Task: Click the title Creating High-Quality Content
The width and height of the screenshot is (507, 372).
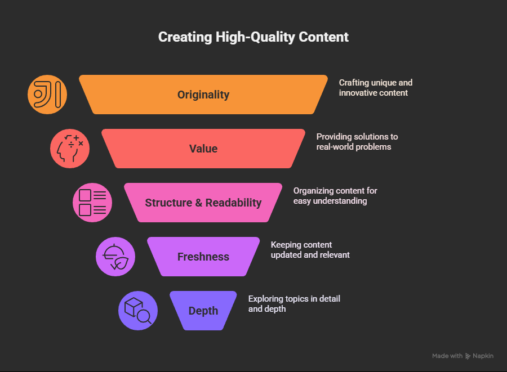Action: (253, 37)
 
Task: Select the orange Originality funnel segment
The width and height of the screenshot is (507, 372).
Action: (203, 95)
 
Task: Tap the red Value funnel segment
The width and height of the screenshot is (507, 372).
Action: (203, 149)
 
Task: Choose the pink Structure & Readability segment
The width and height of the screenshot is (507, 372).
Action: (203, 203)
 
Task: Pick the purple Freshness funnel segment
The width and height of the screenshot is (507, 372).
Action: (203, 257)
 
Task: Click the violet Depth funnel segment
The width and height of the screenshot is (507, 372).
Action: (203, 311)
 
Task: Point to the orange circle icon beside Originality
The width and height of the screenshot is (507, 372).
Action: (47, 95)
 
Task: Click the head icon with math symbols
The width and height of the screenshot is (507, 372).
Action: (70, 149)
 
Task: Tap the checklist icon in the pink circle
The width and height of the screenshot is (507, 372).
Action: (92, 203)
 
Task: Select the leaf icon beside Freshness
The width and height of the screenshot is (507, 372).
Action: (115, 257)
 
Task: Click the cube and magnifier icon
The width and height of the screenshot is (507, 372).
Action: (138, 311)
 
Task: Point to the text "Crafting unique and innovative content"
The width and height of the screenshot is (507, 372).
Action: (375, 88)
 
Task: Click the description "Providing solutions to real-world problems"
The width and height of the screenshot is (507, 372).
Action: (357, 142)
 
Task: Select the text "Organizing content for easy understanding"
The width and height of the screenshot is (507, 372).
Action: (335, 196)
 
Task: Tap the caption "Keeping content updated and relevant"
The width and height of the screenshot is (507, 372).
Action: (310, 250)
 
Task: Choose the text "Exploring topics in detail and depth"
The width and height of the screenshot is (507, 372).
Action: (294, 303)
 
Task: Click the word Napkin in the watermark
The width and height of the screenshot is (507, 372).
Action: (483, 356)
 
